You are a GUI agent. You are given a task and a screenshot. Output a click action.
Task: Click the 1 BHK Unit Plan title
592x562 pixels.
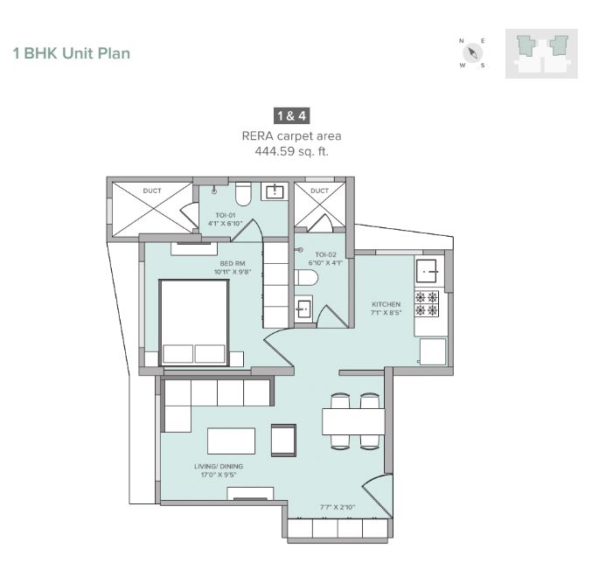71,53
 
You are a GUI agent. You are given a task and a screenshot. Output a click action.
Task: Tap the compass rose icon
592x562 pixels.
472,53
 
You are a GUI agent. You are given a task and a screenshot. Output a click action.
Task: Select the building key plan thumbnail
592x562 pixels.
541,53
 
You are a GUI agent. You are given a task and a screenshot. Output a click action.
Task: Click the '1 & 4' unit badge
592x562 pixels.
291,115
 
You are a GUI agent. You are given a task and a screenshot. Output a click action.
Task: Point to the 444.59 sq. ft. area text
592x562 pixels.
291,151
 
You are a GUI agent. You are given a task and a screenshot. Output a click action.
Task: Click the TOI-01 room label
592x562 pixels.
226,219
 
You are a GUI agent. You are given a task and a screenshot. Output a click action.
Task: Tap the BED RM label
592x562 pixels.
232,267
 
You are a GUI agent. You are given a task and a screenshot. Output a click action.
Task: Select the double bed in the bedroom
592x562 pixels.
194,322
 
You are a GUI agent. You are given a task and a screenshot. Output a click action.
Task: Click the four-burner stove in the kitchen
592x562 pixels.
428,303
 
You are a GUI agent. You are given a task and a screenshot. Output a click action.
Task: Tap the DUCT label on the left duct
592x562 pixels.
152,191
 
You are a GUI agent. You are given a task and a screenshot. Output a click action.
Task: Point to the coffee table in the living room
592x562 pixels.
231,441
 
